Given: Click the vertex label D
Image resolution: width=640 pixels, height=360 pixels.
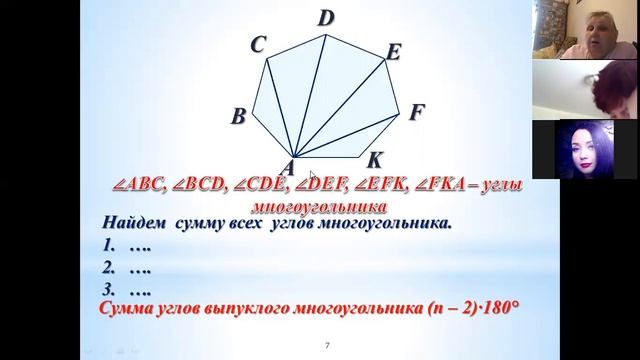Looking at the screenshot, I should (x=326, y=18).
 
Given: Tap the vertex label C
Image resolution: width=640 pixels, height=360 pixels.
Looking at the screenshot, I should (x=258, y=45).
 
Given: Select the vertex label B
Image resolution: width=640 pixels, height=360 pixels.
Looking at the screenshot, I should (x=238, y=117).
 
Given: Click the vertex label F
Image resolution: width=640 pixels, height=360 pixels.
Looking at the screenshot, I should (x=418, y=112).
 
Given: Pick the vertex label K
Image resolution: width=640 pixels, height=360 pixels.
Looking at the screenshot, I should (x=374, y=160).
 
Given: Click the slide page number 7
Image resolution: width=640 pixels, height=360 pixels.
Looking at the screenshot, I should (x=327, y=346).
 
